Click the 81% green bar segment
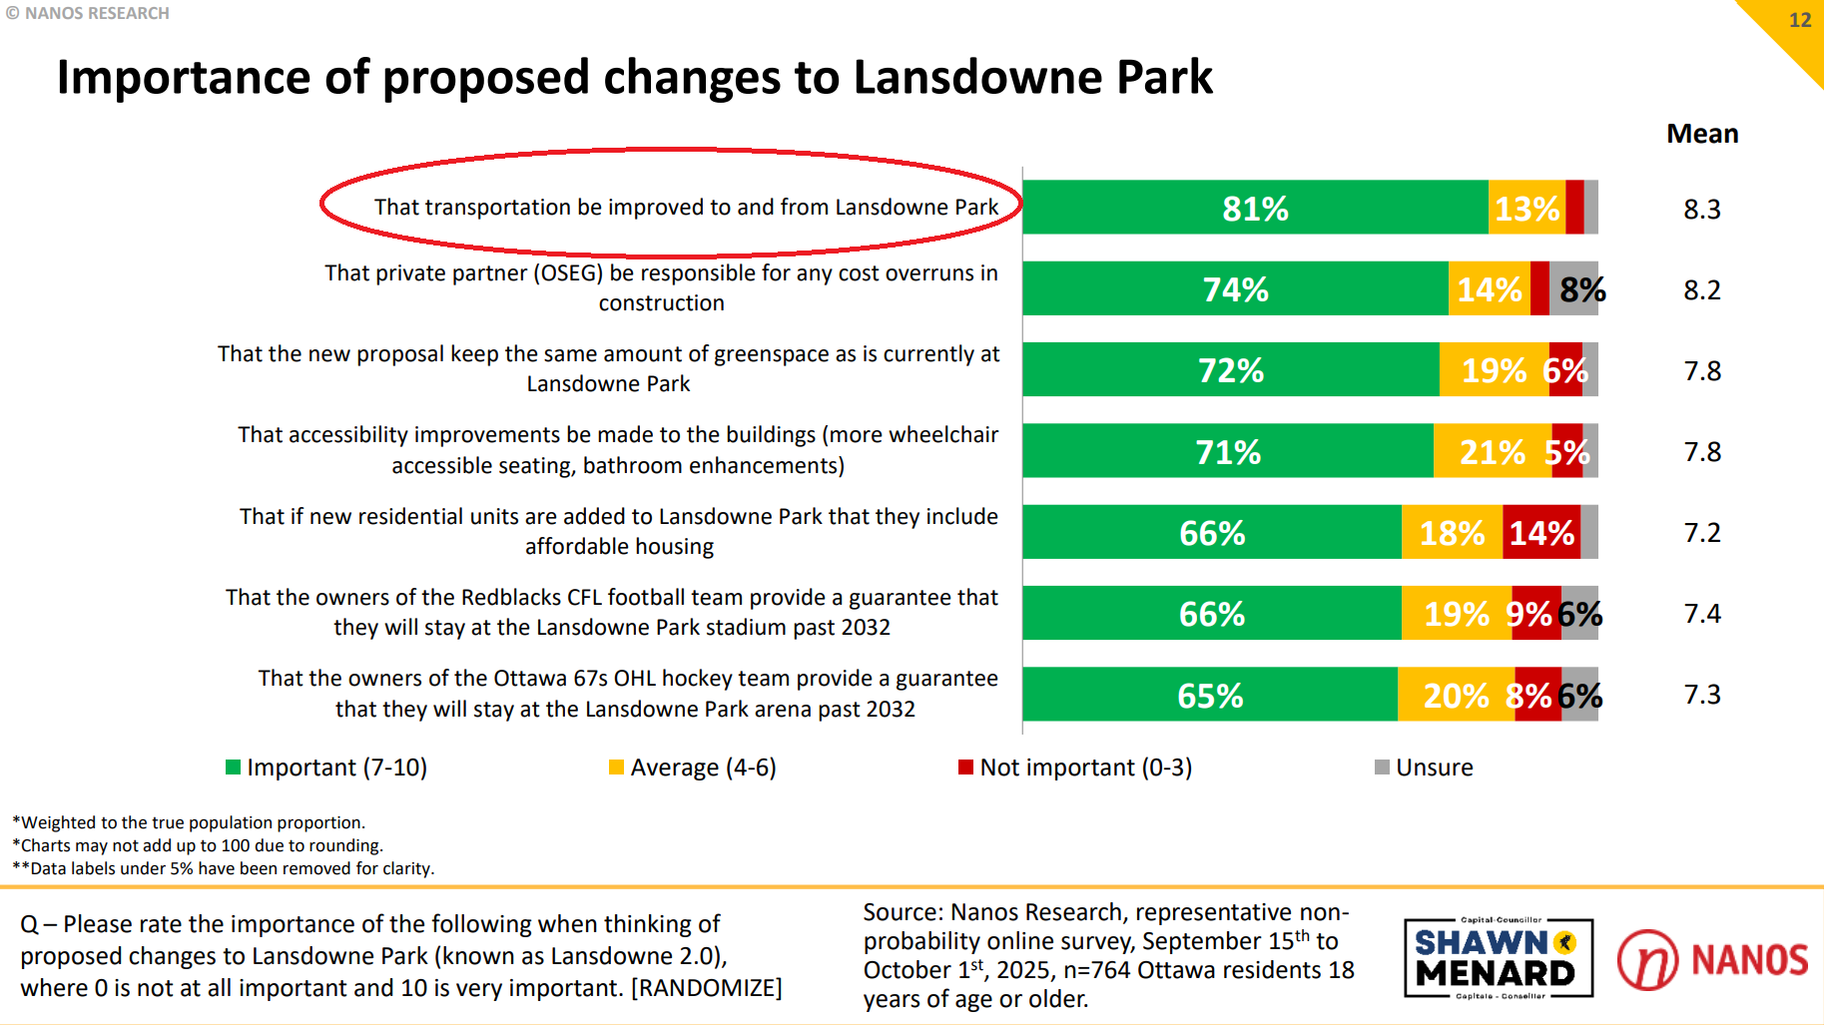pyautogui.click(x=1255, y=208)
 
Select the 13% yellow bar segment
pyautogui.click(x=1526, y=208)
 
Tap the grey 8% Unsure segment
pyautogui.click(x=1574, y=289)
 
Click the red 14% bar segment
pyautogui.click(x=1541, y=532)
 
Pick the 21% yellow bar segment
pyautogui.click(x=1493, y=451)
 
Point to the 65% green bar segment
pyautogui.click(x=1210, y=695)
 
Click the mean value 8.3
pyautogui.click(x=1702, y=209)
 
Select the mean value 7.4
pyautogui.click(x=1702, y=613)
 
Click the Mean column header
pyautogui.click(x=1702, y=134)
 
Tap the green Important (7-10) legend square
pyautogui.click(x=233, y=767)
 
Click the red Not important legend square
pyautogui.click(x=965, y=767)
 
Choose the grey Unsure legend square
pyautogui.click(x=1382, y=767)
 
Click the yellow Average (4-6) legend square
pyautogui.click(x=616, y=767)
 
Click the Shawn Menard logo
pyautogui.click(x=1497, y=958)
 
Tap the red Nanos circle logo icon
pyautogui.click(x=1647, y=959)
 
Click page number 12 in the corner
pyautogui.click(x=1799, y=20)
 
